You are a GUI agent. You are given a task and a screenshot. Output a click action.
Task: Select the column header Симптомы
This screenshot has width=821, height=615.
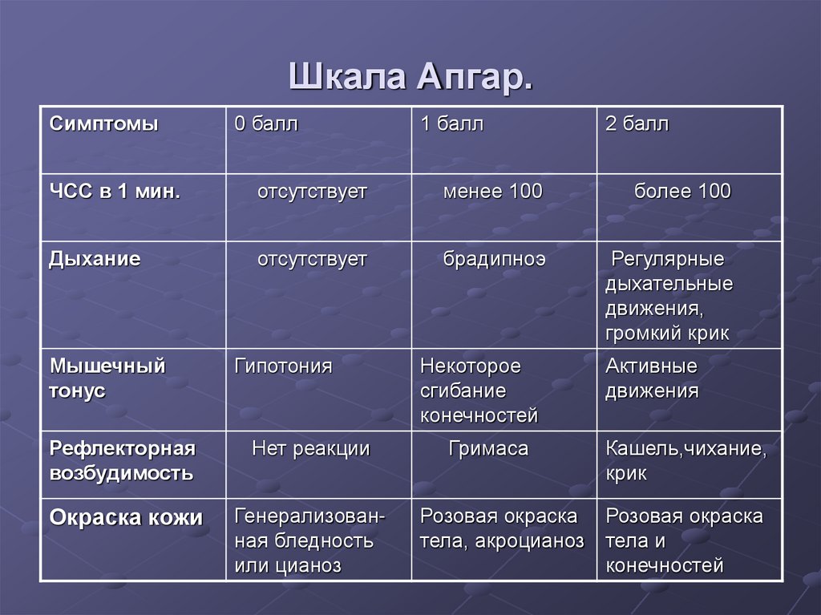(x=104, y=124)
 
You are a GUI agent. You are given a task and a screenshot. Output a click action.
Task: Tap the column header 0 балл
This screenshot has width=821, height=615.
(x=266, y=124)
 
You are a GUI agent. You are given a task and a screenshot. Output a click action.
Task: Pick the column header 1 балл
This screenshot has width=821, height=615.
(x=452, y=124)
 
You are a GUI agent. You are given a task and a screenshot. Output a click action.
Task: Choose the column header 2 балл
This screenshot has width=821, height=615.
(x=637, y=124)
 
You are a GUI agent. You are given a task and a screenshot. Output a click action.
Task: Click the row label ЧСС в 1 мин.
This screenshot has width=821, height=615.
(x=115, y=192)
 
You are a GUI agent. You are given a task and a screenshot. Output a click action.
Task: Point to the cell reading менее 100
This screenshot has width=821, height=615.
(x=492, y=192)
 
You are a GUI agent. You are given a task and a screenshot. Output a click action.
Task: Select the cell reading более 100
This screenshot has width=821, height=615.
(x=682, y=192)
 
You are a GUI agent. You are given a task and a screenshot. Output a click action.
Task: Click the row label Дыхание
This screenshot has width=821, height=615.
(x=95, y=259)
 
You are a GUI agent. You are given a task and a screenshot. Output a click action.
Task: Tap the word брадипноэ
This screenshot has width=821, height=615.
(x=494, y=259)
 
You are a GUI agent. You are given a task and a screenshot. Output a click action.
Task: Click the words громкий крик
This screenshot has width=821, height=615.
(x=667, y=334)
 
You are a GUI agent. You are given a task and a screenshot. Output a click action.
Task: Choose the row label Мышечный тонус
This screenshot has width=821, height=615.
(x=107, y=378)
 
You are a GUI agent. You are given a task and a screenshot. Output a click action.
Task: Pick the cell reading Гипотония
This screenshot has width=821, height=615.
(x=283, y=366)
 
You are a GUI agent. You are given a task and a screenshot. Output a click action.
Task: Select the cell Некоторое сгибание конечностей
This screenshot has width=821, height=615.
(x=479, y=391)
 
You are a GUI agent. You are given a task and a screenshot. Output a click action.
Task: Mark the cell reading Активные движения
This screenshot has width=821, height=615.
(x=652, y=378)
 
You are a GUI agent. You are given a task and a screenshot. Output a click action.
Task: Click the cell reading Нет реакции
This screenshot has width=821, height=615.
(x=311, y=448)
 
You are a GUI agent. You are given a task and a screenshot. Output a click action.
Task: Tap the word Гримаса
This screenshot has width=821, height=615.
(x=488, y=448)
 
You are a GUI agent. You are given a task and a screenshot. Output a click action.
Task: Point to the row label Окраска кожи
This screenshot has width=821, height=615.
(x=126, y=517)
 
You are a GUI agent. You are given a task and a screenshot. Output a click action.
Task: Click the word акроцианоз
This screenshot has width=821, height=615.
(x=530, y=541)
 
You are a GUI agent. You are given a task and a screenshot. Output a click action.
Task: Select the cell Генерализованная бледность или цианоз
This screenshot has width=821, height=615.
(x=309, y=541)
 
